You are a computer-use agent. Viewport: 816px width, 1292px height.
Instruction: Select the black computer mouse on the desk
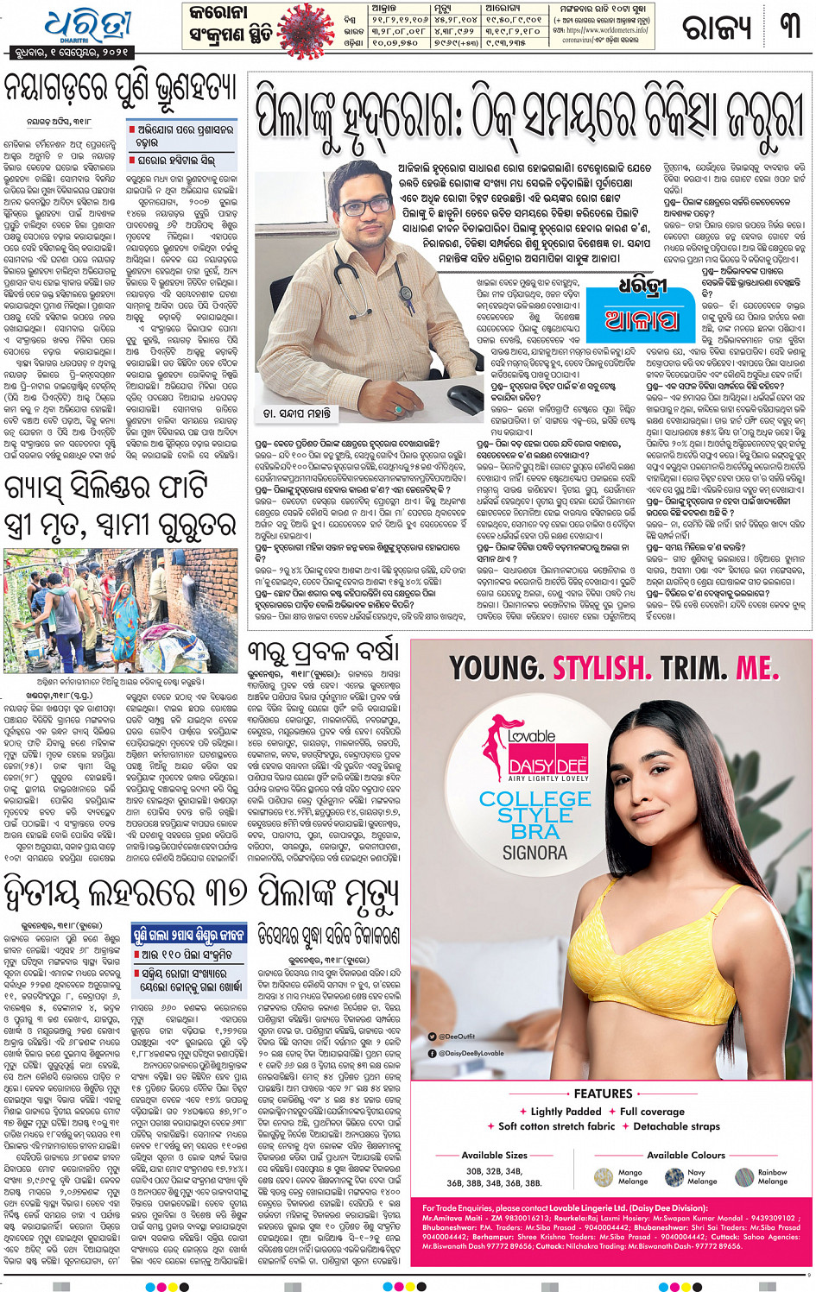[x=465, y=398]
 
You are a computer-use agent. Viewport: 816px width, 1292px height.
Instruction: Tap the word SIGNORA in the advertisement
[x=535, y=853]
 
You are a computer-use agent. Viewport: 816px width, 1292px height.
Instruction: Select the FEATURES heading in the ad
[x=603, y=1093]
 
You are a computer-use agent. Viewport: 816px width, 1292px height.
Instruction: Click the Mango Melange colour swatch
[x=604, y=1177]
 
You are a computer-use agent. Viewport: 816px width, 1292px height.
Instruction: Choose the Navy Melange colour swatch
[x=674, y=1177]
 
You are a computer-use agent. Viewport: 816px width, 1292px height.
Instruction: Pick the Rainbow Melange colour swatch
[x=744, y=1177]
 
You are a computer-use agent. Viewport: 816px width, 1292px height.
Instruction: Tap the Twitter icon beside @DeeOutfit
[x=433, y=1037]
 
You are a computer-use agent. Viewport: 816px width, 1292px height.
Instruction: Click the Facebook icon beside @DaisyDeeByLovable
[x=433, y=1053]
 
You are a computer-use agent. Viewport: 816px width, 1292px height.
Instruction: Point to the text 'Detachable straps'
[x=676, y=1126]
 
